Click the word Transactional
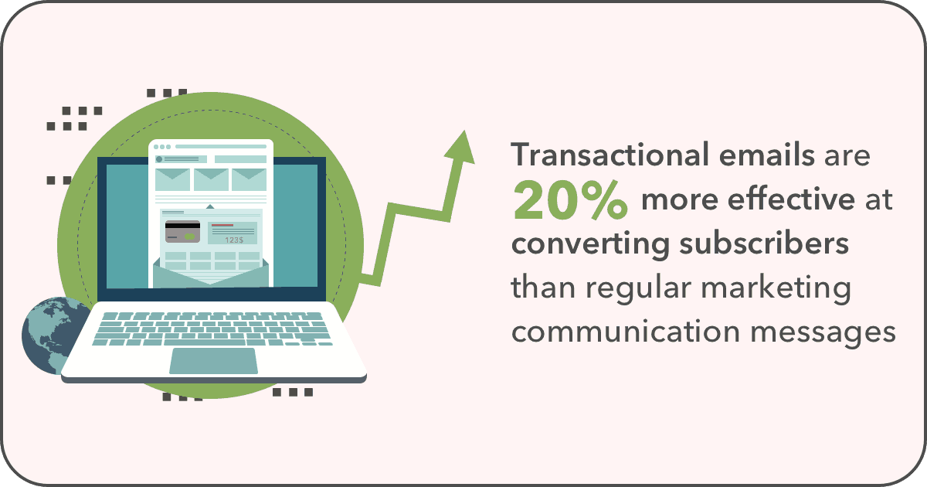(x=610, y=155)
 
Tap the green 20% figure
(x=570, y=199)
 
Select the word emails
(x=767, y=155)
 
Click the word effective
(x=791, y=199)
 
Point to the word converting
(x=590, y=245)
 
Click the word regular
(x=638, y=288)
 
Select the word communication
(x=625, y=332)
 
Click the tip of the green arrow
(x=465, y=131)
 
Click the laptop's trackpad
(x=213, y=361)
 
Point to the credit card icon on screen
(x=182, y=232)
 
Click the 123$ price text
(x=234, y=240)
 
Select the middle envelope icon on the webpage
(x=211, y=179)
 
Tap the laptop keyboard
(x=212, y=329)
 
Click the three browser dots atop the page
(x=161, y=147)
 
